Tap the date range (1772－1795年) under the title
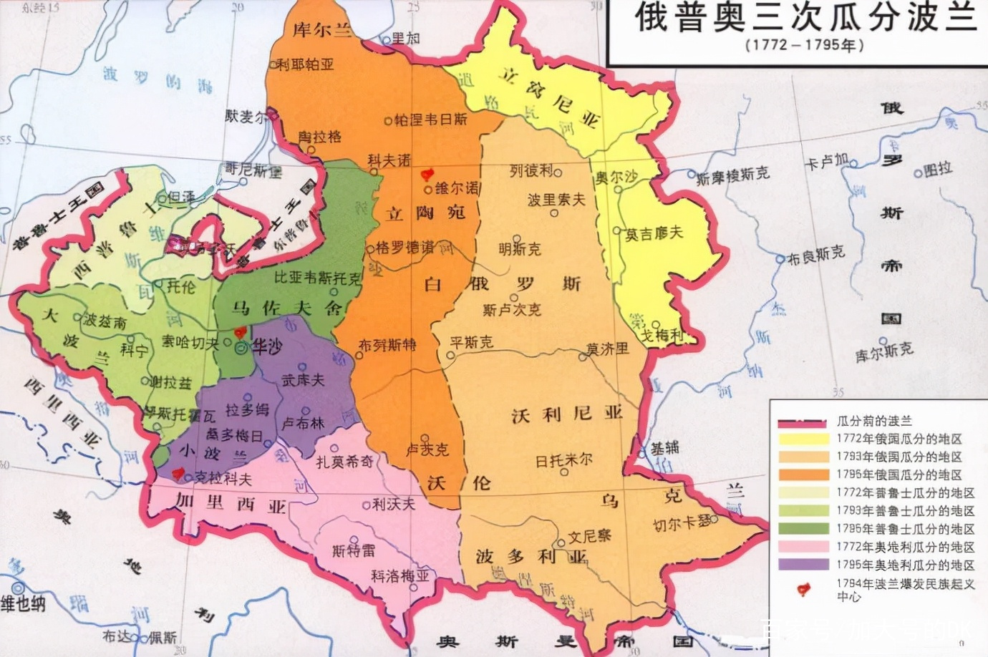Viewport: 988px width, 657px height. click(x=804, y=45)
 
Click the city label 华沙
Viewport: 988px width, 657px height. click(x=266, y=346)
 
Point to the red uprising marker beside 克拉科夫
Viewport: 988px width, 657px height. click(x=178, y=473)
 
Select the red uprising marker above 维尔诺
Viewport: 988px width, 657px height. click(x=428, y=174)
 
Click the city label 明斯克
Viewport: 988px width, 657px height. click(x=520, y=248)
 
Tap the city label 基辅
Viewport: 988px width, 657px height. click(x=664, y=448)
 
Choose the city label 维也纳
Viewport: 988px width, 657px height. click(x=23, y=603)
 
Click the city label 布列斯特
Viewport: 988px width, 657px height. click(x=387, y=345)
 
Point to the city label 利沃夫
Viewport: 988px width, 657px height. click(x=393, y=505)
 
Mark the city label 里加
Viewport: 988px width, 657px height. click(x=405, y=39)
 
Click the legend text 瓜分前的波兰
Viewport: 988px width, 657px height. click(x=874, y=421)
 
